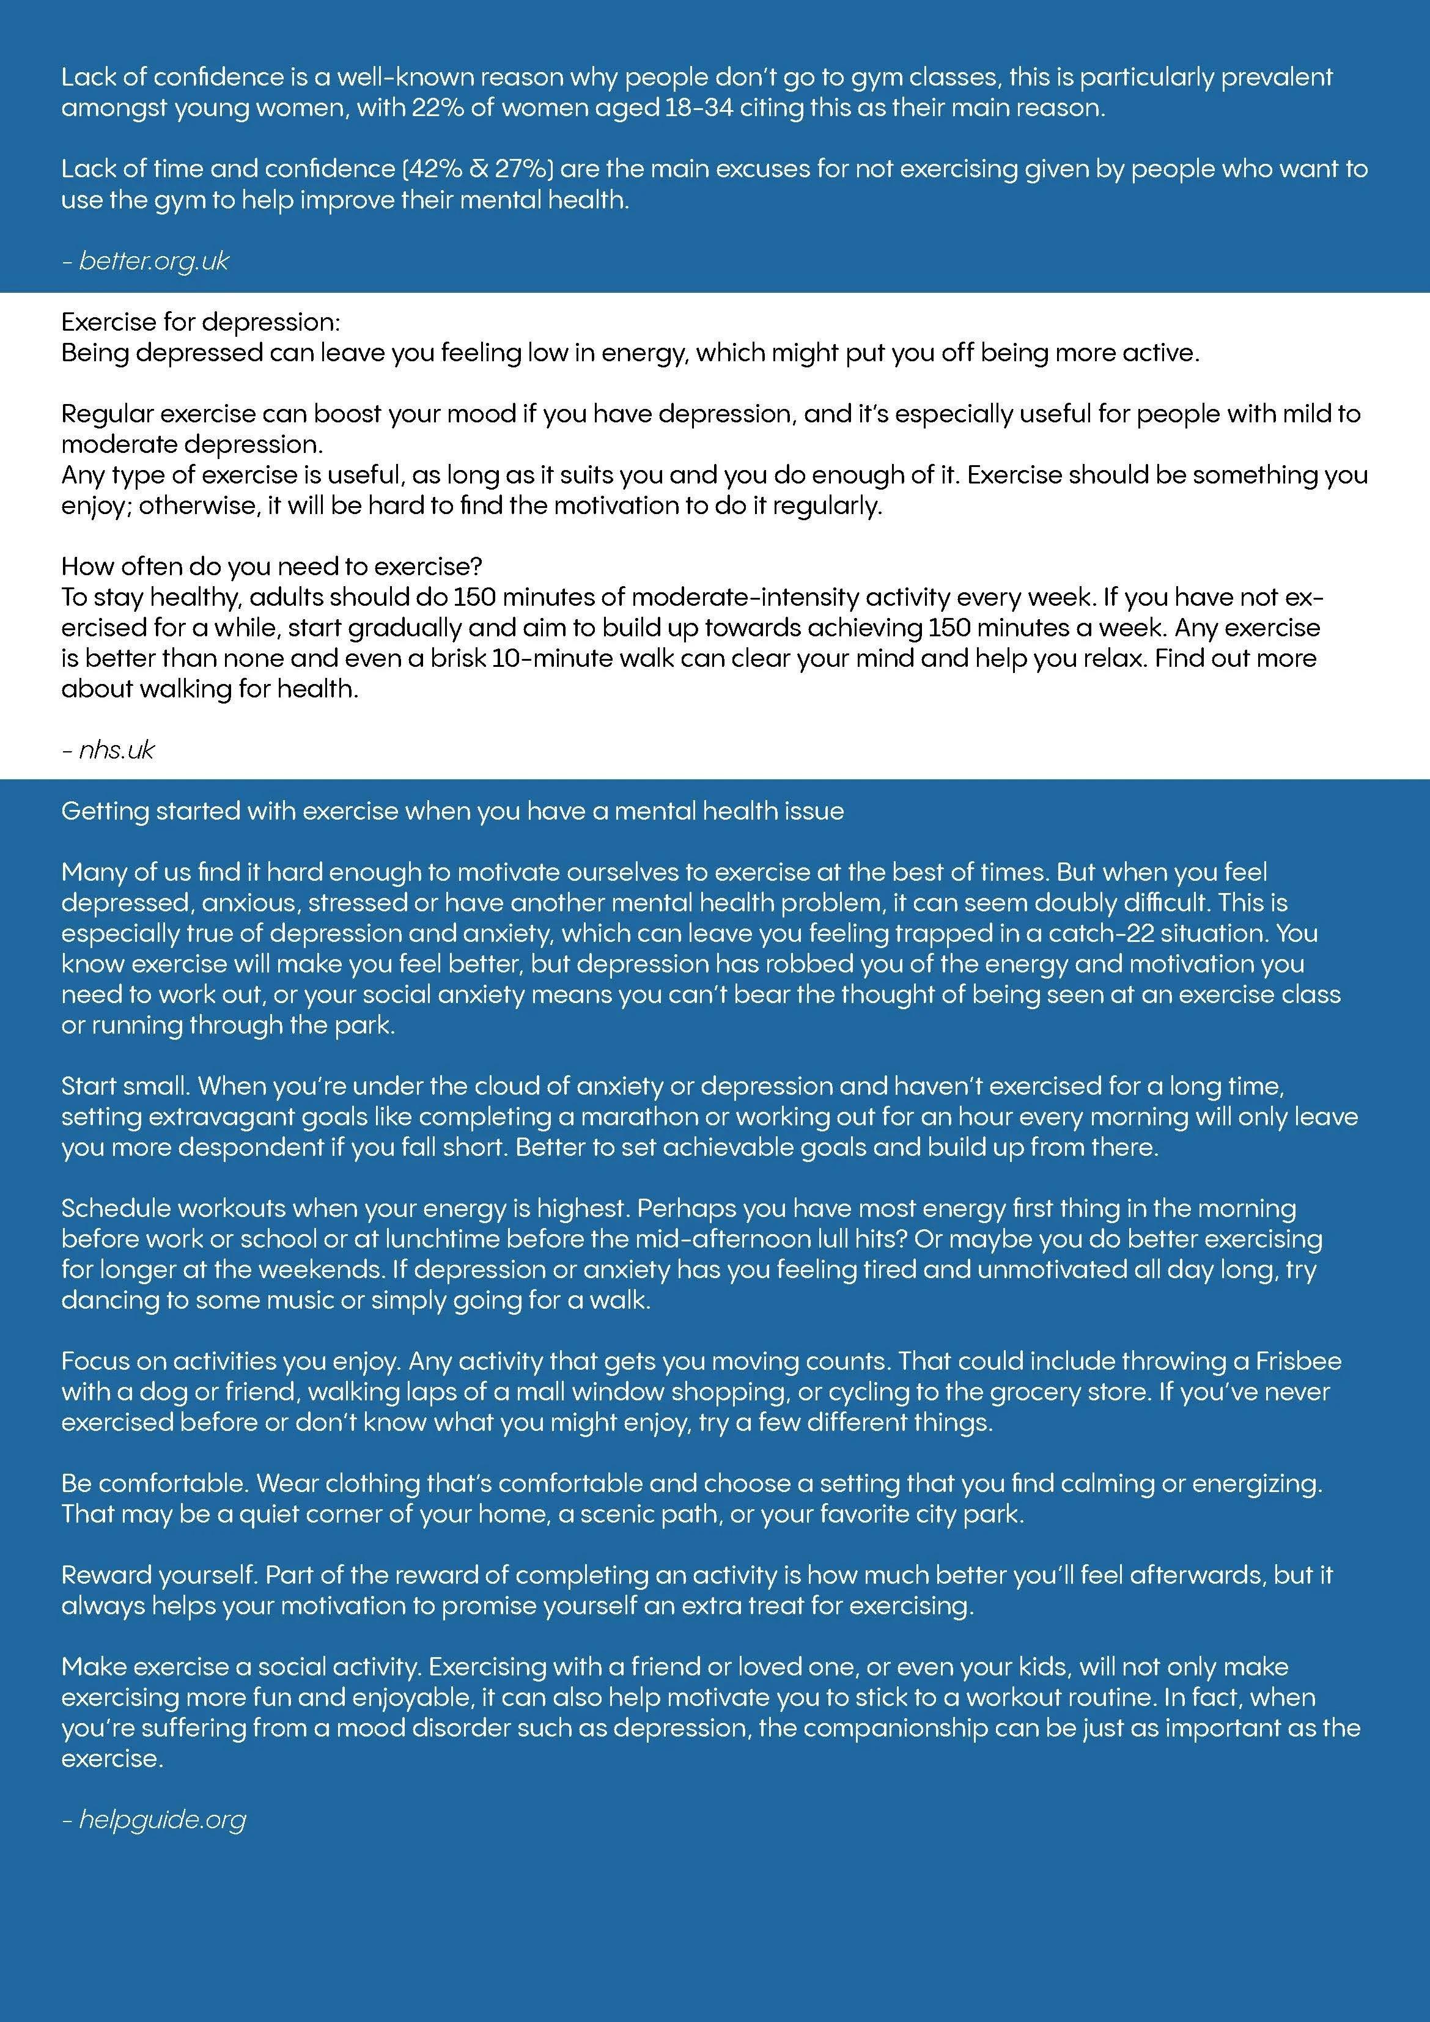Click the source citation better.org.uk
[x=153, y=260]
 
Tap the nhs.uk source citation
[x=116, y=749]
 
